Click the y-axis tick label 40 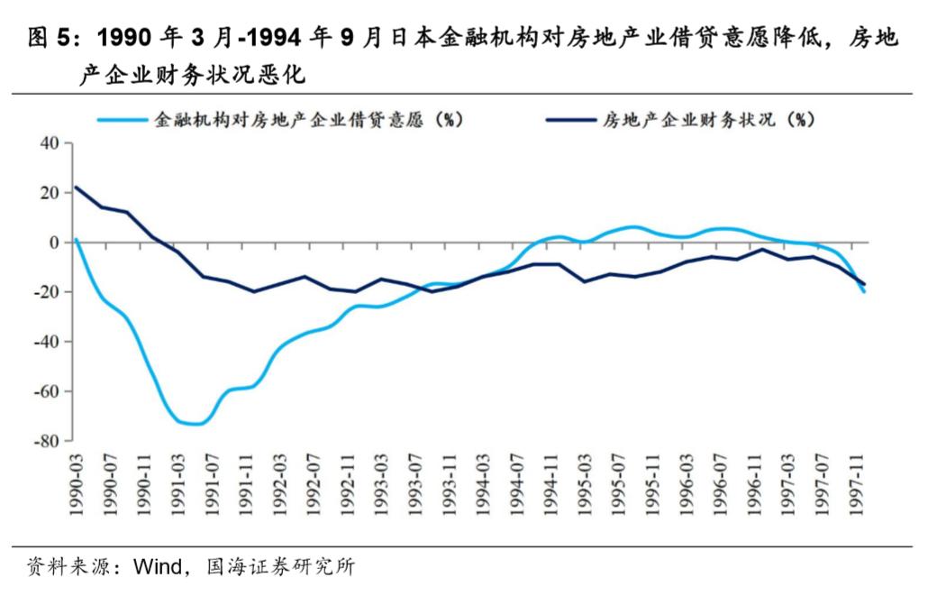(48, 143)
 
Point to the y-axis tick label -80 (44, 441)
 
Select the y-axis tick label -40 (44, 342)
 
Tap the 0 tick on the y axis (53, 243)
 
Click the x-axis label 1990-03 (77, 484)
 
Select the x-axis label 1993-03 (382, 484)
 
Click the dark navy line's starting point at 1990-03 (77, 188)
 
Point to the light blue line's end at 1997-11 (865, 291)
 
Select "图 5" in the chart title (48, 38)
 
